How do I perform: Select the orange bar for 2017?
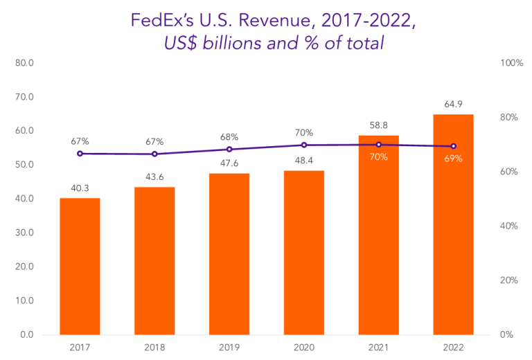pyautogui.click(x=80, y=267)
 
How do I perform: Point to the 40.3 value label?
pyautogui.click(x=80, y=187)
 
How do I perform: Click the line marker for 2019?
pyautogui.click(x=229, y=150)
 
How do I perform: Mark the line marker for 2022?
pyautogui.click(x=453, y=146)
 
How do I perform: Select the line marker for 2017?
pyautogui.click(x=80, y=154)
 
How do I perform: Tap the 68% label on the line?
pyautogui.click(x=229, y=137)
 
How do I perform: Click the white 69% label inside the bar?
pyautogui.click(x=453, y=159)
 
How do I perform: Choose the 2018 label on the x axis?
pyautogui.click(x=154, y=347)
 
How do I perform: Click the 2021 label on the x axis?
pyautogui.click(x=378, y=347)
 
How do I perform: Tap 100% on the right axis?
pyautogui.click(x=511, y=63)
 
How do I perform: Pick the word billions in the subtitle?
pyautogui.click(x=242, y=43)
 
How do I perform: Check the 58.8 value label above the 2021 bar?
pyautogui.click(x=378, y=125)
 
